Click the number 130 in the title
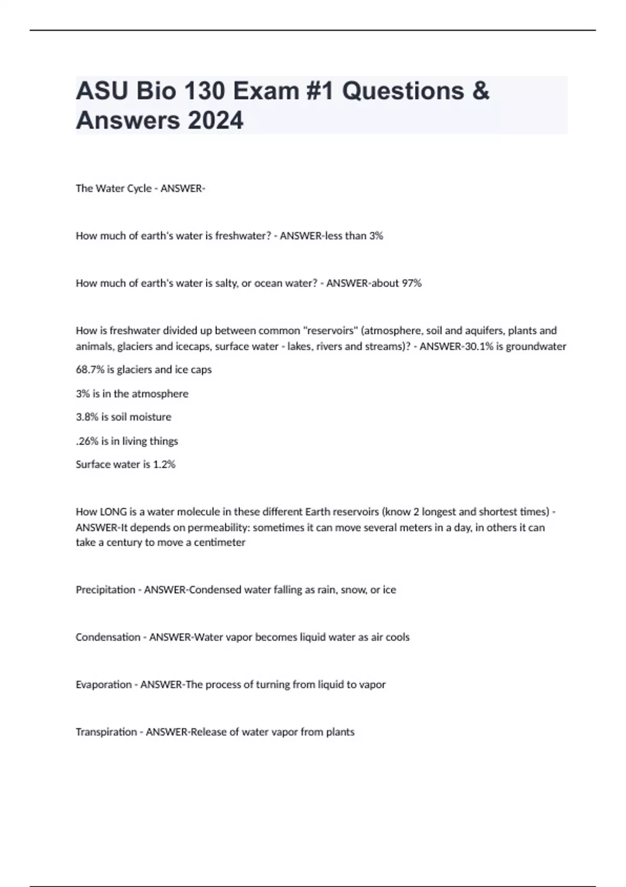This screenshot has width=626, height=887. (198, 91)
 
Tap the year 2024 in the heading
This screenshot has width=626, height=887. (215, 120)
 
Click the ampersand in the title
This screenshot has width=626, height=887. (481, 91)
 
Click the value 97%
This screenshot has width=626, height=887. (412, 283)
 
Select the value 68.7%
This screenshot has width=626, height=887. (90, 370)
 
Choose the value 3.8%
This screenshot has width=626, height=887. (87, 417)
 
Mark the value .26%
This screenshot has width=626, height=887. (87, 441)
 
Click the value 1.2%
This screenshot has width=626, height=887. (164, 464)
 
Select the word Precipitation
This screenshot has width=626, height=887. (105, 590)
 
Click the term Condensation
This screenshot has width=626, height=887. (108, 637)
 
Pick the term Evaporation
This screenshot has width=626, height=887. (103, 685)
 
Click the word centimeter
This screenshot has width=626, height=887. (219, 543)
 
